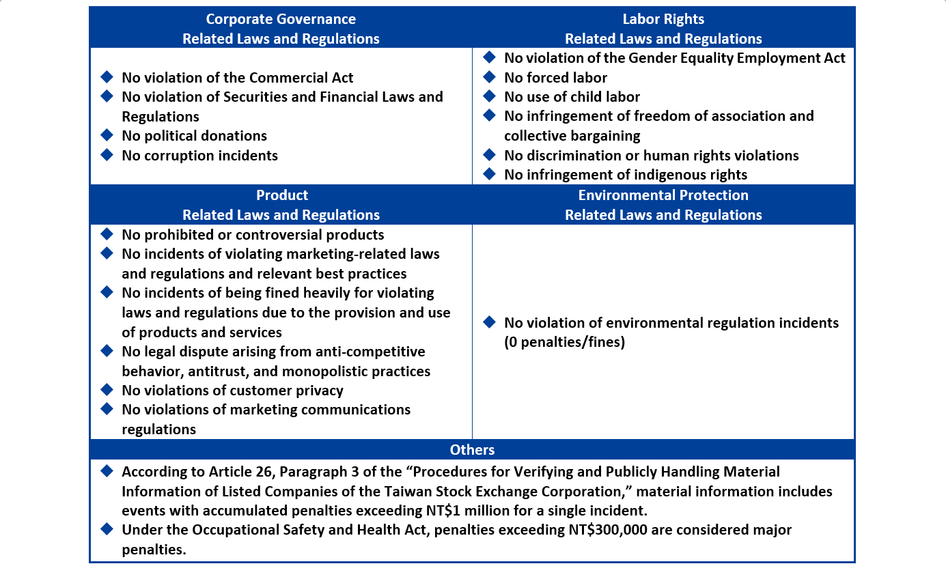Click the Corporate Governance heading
pos(281,19)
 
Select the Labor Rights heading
pos(663,19)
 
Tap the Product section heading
pos(281,195)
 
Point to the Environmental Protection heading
pos(663,195)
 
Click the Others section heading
pos(472,449)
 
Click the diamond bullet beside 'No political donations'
pos(107,135)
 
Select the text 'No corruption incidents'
pos(199,156)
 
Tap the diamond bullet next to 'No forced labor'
pos(489,77)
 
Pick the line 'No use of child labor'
pos(572,97)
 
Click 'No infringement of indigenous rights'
pos(626,175)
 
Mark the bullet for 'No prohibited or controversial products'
pos(107,234)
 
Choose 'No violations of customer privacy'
pos(232,391)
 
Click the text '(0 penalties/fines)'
pos(565,342)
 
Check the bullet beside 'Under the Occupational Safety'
pos(107,529)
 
